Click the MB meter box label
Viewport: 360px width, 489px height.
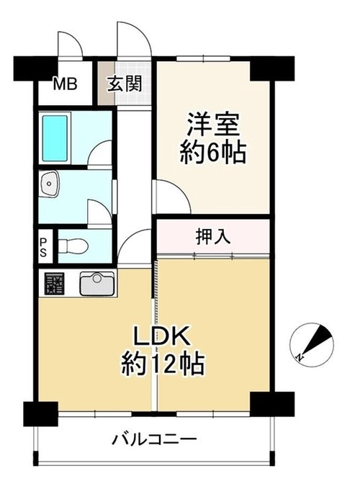[65, 84]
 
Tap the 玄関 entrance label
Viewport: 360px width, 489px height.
[125, 84]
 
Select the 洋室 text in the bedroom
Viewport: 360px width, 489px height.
[213, 125]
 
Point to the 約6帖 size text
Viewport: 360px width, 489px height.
[213, 153]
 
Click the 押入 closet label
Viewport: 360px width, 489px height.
[213, 236]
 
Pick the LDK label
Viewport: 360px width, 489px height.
[162, 336]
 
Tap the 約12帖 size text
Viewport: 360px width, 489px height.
[163, 363]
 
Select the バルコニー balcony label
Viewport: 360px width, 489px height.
[155, 439]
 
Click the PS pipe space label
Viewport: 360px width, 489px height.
[43, 248]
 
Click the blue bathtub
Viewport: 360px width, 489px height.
[55, 138]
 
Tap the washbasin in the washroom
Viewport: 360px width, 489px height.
[49, 184]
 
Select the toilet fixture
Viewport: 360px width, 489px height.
[73, 246]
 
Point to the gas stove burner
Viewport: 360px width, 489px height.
[55, 284]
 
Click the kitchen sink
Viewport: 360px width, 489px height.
[97, 284]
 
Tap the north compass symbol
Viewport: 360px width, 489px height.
[312, 345]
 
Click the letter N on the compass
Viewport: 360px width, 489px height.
[300, 356]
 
